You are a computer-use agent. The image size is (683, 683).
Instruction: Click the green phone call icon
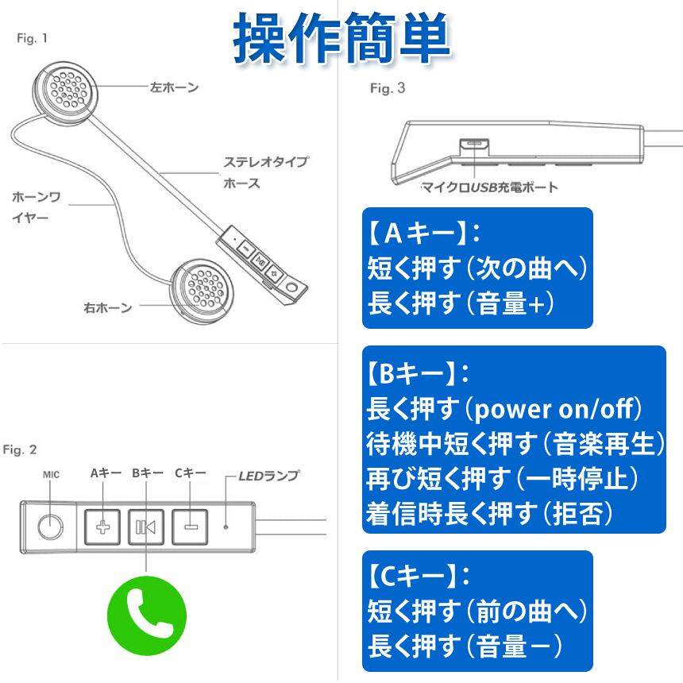(x=146, y=613)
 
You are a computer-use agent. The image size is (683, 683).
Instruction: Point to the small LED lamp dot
(x=226, y=526)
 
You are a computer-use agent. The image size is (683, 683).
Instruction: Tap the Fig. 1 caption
(x=32, y=38)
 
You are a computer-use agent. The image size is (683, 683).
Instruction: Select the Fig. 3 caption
(x=388, y=89)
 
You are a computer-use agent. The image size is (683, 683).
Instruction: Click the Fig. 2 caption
(x=20, y=450)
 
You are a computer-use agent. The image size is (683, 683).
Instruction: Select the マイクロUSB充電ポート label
(x=488, y=188)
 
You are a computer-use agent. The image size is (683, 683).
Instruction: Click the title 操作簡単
(x=342, y=38)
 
